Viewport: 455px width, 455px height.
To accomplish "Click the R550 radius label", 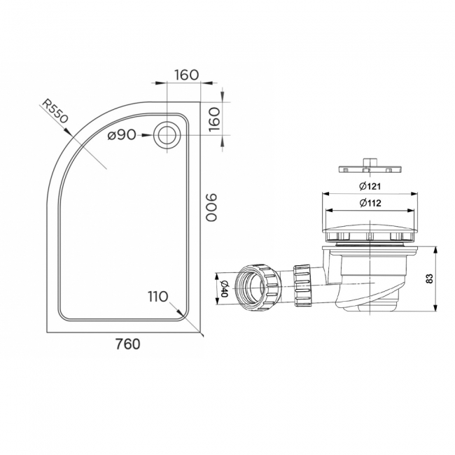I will [54, 111].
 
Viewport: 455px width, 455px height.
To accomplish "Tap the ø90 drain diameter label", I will [121, 136].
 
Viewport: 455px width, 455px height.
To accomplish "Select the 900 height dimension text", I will [211, 208].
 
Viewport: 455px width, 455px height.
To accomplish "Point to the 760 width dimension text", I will [126, 344].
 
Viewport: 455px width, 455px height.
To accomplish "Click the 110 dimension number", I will [157, 296].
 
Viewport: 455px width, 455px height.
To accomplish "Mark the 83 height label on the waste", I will [429, 279].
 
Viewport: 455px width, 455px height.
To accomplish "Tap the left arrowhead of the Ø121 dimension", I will [323, 194].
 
